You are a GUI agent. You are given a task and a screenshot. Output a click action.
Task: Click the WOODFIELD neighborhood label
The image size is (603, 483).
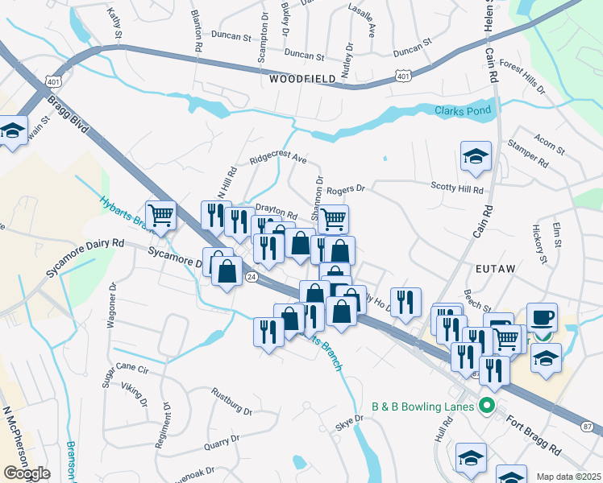coord(301,80)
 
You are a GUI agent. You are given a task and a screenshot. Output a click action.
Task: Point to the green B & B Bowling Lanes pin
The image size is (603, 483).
coord(486,405)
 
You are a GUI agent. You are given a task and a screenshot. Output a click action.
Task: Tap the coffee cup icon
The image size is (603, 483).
coord(542,317)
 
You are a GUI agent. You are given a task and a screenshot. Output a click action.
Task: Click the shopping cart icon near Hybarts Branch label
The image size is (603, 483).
coord(161,215)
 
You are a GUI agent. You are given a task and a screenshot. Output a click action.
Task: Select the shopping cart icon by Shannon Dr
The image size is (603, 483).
coord(333,218)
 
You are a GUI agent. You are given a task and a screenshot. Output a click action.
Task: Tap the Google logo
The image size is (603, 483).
coord(27,474)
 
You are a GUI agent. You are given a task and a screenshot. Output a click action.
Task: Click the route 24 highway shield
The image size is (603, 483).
coord(252,277)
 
